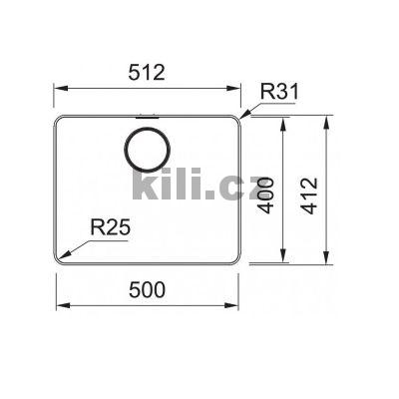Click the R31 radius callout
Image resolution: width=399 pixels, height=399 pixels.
point(280,94)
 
